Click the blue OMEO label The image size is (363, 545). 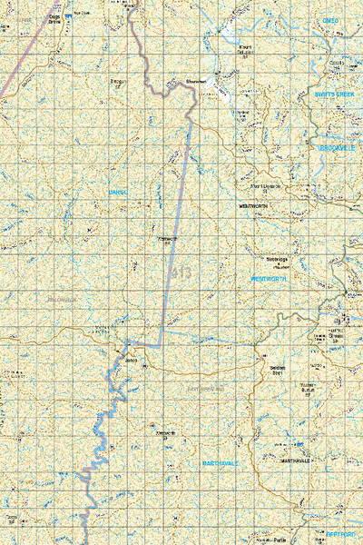tap(329, 20)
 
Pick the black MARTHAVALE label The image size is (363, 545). tap(295, 461)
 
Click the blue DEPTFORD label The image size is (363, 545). tap(343, 536)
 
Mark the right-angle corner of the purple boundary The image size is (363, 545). tap(162, 346)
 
